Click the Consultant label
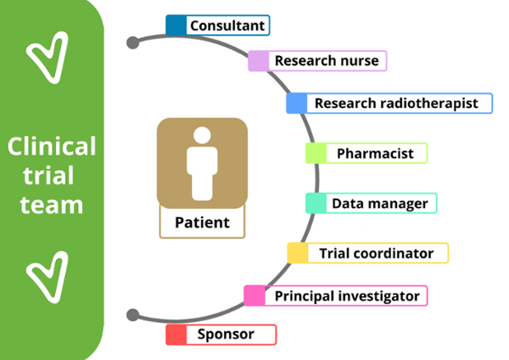click(x=227, y=25)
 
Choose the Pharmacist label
click(x=375, y=154)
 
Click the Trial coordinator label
click(x=376, y=253)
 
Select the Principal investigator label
click(x=346, y=296)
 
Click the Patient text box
click(x=202, y=223)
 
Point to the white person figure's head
click(x=202, y=136)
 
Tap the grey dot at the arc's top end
click(x=132, y=42)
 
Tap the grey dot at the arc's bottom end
click(x=132, y=315)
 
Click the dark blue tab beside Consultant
click(x=176, y=25)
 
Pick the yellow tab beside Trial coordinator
click(x=297, y=253)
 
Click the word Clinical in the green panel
click(x=52, y=147)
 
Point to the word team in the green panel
click(x=52, y=205)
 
